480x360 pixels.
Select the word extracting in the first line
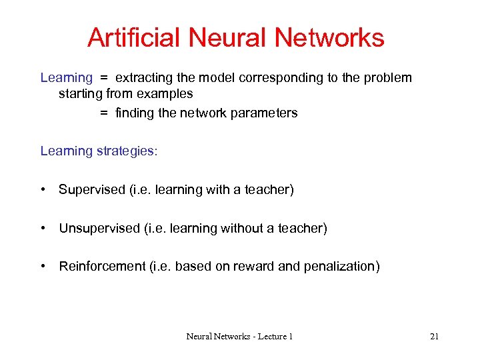pyautogui.click(x=145, y=77)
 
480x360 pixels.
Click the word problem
pyautogui.click(x=387, y=77)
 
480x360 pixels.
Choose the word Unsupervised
pyautogui.click(x=99, y=229)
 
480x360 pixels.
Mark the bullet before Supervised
pyautogui.click(x=43, y=190)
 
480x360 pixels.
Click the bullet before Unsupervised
pyautogui.click(x=43, y=229)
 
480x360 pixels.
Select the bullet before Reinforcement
pyautogui.click(x=43, y=267)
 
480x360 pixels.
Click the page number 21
pyautogui.click(x=434, y=337)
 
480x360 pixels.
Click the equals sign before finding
pyautogui.click(x=104, y=113)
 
